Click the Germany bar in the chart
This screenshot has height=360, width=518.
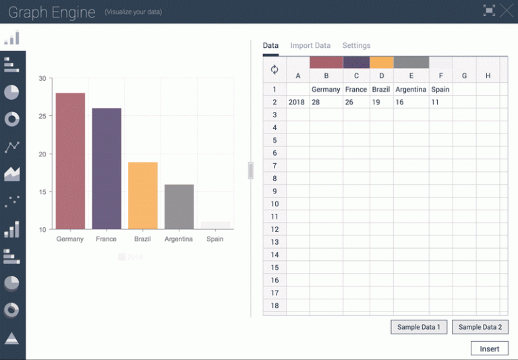(70, 161)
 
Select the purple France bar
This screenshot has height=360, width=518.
(107, 169)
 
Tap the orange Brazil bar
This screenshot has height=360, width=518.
(142, 196)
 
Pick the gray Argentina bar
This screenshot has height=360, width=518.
(179, 206)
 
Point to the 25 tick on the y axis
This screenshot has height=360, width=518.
(42, 117)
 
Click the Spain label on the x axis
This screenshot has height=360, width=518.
(215, 239)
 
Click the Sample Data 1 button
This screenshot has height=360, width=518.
(418, 327)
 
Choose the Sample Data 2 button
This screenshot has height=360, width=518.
(480, 327)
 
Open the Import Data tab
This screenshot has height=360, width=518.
(310, 46)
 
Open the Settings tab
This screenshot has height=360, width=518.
(356, 46)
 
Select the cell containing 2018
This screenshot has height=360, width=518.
(297, 102)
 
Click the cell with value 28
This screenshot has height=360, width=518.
(326, 102)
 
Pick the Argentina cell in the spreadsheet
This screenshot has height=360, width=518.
(411, 90)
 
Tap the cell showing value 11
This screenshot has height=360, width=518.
(441, 102)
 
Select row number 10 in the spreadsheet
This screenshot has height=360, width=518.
(275, 204)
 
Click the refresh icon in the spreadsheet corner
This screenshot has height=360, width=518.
(275, 69)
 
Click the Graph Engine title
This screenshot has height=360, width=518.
(51, 12)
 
